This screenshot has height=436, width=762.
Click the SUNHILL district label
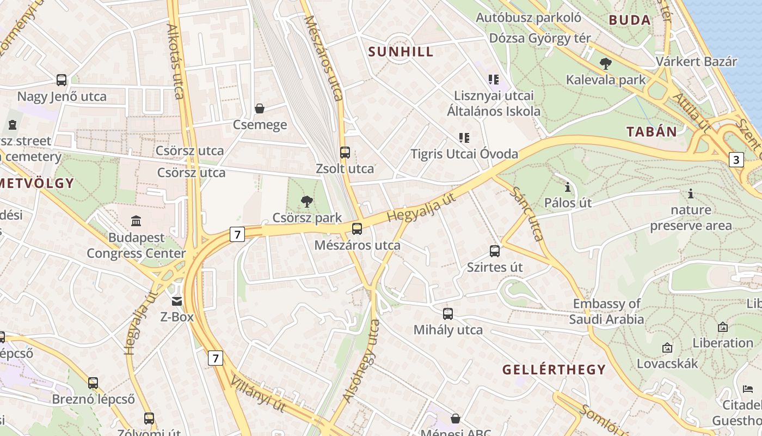pyautogui.click(x=401, y=52)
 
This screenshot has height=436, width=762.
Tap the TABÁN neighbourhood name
pyautogui.click(x=652, y=131)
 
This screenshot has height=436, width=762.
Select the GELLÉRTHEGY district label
pyautogui.click(x=554, y=370)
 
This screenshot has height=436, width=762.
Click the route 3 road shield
pyautogui.click(x=736, y=160)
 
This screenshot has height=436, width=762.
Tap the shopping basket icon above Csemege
pyautogui.click(x=260, y=108)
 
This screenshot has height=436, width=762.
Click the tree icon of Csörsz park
pyautogui.click(x=307, y=202)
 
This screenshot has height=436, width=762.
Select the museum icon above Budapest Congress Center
pyautogui.click(x=136, y=221)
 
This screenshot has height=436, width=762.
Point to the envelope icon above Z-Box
pyautogui.click(x=177, y=301)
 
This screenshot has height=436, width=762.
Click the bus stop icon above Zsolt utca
pyautogui.click(x=345, y=153)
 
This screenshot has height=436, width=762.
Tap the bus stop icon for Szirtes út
pyautogui.click(x=495, y=251)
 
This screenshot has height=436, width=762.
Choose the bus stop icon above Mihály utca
pyautogui.click(x=448, y=313)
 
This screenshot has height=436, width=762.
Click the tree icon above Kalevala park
pyautogui.click(x=605, y=64)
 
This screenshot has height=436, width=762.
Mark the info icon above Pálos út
pyautogui.click(x=568, y=187)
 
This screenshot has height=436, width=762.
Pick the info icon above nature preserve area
pyautogui.click(x=691, y=193)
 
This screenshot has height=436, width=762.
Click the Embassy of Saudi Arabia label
pyautogui.click(x=607, y=311)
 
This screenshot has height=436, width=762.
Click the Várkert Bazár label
pyautogui.click(x=697, y=61)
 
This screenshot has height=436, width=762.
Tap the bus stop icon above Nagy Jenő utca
pyautogui.click(x=62, y=80)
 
